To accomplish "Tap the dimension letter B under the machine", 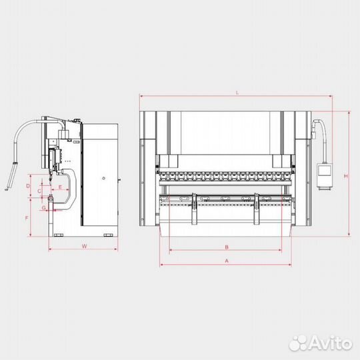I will point(227,246).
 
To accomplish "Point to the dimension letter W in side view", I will point(84,246).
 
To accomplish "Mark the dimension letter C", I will point(39,191).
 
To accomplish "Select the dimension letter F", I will point(27,218).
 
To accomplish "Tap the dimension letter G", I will point(43,208).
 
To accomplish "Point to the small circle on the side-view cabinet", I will point(103,177).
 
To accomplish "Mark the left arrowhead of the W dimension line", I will point(51,251).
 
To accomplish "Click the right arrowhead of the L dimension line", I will point(331,97).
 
